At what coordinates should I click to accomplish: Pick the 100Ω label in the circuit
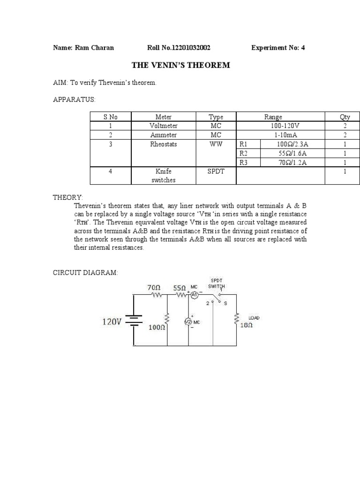[156, 328]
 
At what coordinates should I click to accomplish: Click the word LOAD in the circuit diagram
[254, 318]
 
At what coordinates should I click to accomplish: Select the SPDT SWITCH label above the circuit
[217, 283]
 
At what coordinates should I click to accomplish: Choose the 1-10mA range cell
[280, 135]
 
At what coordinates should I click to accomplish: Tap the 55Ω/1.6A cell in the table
[292, 153]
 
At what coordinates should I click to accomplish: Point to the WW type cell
[216, 144]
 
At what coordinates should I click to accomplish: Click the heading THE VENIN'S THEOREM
[180, 65]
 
